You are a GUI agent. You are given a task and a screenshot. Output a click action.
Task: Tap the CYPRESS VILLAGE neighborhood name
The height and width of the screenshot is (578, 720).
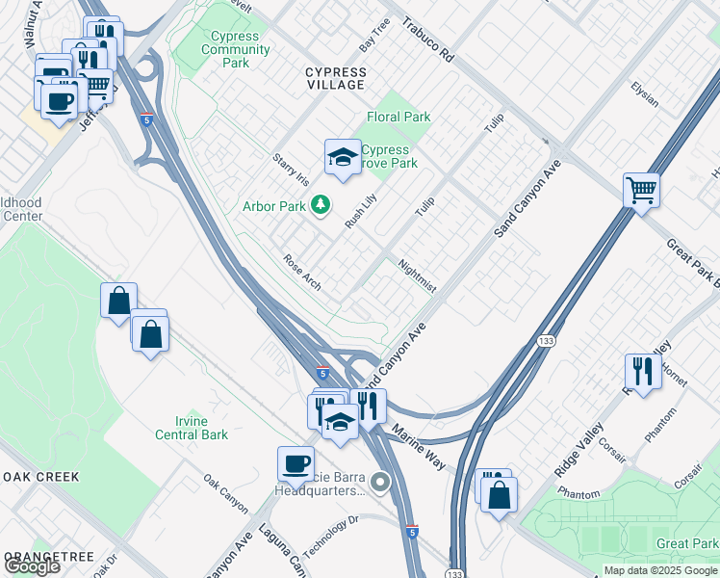[x=335, y=78]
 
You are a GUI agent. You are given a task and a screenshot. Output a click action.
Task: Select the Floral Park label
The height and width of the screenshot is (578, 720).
[x=399, y=117]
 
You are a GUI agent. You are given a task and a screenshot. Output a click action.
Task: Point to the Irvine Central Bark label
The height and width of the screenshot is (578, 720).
[x=193, y=428]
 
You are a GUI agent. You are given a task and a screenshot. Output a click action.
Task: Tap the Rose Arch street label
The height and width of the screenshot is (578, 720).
[x=301, y=273]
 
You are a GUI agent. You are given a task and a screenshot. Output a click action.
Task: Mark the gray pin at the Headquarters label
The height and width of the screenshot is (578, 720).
[x=382, y=482]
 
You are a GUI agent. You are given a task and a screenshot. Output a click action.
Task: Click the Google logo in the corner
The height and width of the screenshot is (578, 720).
[x=32, y=566]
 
